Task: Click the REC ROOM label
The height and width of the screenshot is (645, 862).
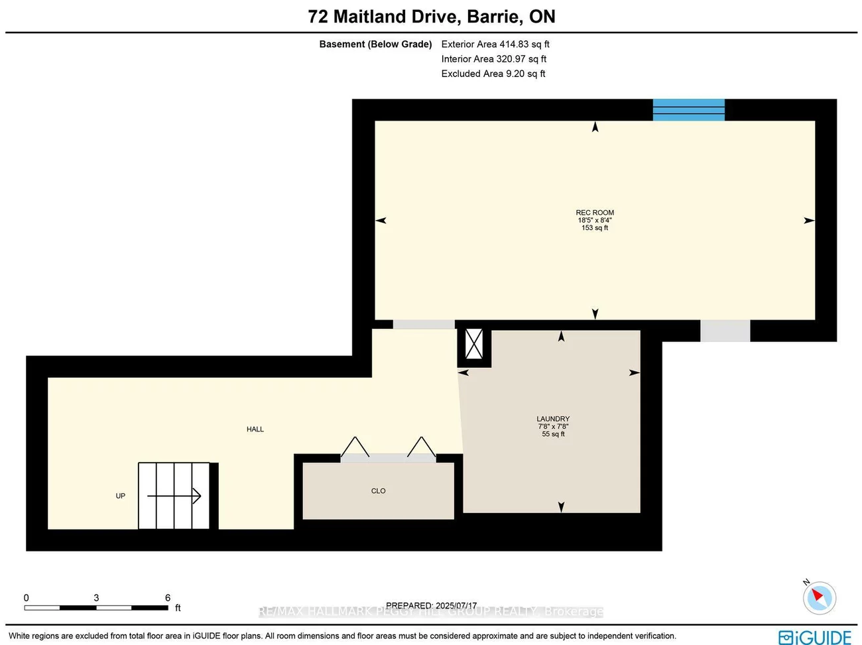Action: (x=595, y=213)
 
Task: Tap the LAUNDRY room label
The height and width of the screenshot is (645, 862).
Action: (x=553, y=419)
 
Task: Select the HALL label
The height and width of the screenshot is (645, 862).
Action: (x=255, y=430)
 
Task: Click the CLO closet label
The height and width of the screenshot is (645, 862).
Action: (x=378, y=491)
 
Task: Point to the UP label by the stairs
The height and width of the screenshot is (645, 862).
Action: (x=120, y=496)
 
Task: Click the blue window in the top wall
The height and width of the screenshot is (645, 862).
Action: (x=688, y=109)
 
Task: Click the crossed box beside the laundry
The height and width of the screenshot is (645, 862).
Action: (x=474, y=344)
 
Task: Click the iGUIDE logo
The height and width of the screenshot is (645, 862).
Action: (x=815, y=637)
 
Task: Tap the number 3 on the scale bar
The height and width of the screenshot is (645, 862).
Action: (x=96, y=598)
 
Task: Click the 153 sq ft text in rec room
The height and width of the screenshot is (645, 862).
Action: (x=595, y=228)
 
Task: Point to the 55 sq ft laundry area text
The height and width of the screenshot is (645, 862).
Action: (x=553, y=434)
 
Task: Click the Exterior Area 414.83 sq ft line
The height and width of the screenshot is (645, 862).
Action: (x=495, y=44)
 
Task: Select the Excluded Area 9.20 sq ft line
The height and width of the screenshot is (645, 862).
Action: (x=493, y=74)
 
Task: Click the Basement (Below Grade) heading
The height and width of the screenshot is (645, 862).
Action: (x=375, y=44)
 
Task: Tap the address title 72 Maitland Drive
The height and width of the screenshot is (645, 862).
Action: (x=432, y=17)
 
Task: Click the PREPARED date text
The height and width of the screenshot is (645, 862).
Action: (x=431, y=605)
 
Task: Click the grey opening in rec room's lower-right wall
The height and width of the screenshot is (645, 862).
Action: (x=725, y=331)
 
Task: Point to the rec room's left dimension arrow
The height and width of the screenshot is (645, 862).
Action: (x=381, y=221)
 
